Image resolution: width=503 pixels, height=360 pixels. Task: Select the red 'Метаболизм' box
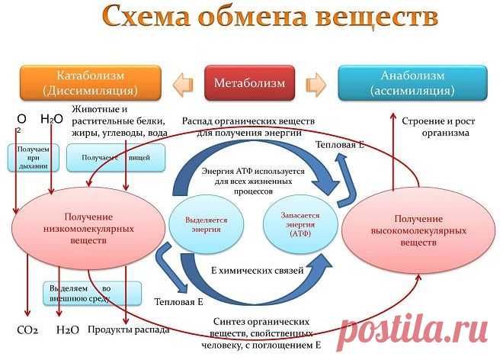point(249,82)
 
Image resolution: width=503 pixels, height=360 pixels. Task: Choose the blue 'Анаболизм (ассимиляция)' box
point(412,82)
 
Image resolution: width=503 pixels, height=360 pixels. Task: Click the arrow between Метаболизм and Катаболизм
point(184,82)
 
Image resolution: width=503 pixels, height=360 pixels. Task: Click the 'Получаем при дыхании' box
point(33,157)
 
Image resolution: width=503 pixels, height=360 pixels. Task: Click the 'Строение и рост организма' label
point(435,127)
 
